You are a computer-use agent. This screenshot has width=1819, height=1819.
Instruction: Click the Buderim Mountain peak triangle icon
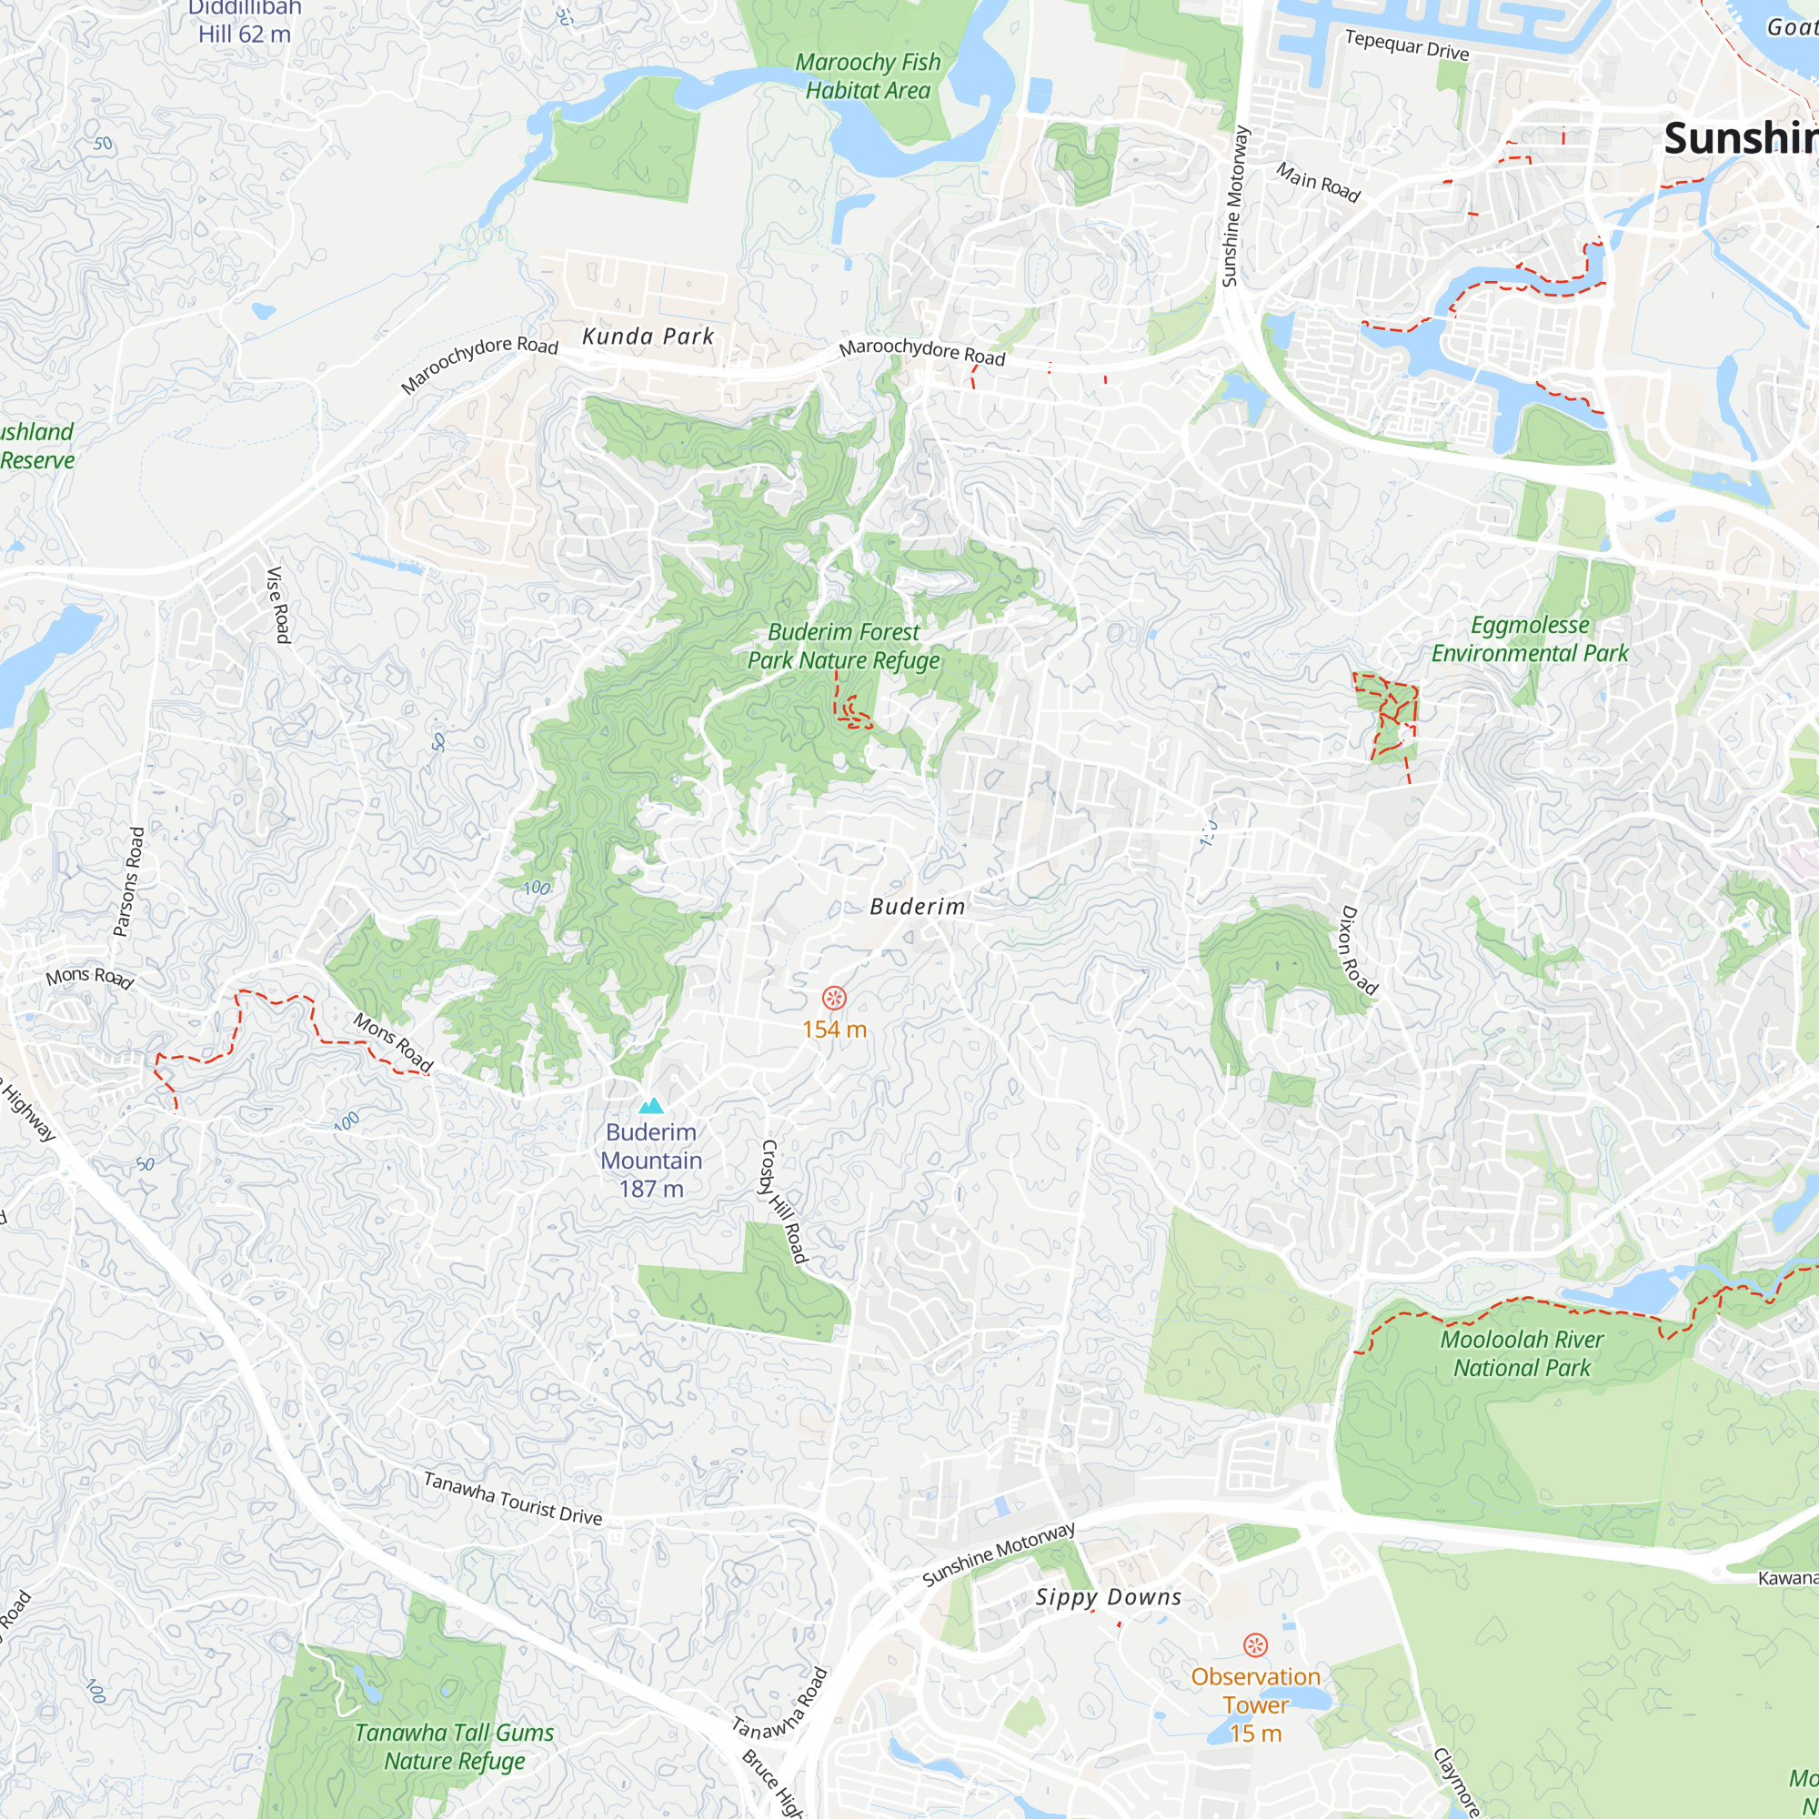pos(650,1105)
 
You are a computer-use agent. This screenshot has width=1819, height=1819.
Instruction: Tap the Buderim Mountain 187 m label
pos(651,1160)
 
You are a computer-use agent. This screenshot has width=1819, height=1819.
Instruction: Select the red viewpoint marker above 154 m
pos(834,998)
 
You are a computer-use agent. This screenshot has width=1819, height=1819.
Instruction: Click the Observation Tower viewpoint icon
pos(1255,1644)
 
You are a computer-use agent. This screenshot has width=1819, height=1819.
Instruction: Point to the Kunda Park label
pos(648,337)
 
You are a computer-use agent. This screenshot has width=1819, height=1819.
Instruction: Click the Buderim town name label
pos(917,907)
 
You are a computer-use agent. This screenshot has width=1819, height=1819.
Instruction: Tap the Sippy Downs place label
pos(1108,1597)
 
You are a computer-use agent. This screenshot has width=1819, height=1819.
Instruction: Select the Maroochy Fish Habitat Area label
pos(867,76)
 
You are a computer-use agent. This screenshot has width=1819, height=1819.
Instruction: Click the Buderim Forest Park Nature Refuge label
pos(844,646)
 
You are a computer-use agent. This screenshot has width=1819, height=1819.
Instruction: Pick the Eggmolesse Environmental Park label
pos(1530,638)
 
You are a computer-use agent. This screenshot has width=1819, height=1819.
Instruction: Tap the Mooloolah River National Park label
pos(1522,1353)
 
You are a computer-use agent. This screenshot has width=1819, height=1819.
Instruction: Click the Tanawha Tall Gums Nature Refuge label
pos(454,1746)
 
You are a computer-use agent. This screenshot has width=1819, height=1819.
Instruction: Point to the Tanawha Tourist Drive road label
pos(512,1498)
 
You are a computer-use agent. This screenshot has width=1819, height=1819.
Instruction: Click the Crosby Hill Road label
pos(783,1201)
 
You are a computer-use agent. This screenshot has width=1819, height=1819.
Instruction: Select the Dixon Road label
pos(1359,950)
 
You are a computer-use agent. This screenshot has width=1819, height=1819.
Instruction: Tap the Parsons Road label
pos(129,881)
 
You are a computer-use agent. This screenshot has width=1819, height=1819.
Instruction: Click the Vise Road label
pos(278,605)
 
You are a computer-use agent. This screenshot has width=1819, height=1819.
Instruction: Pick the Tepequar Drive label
pos(1407,45)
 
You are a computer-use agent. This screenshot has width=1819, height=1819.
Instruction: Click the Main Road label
pos(1318,182)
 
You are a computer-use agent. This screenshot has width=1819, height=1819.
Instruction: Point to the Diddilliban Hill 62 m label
pos(245,22)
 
